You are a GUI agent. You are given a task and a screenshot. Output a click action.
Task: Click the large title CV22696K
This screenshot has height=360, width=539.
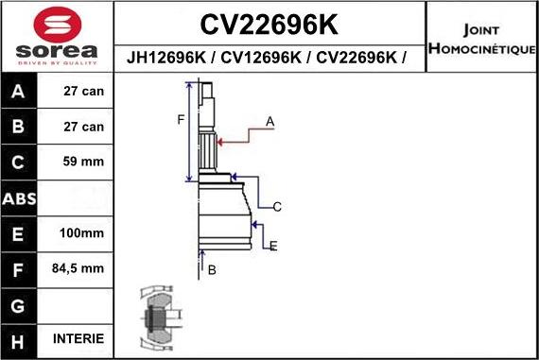point(270,23)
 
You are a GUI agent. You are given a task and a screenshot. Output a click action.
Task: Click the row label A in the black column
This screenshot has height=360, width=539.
point(20,92)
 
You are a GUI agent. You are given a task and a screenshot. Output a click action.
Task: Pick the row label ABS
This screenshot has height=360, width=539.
point(20,198)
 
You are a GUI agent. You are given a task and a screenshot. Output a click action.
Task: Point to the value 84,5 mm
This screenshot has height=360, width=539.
point(78,268)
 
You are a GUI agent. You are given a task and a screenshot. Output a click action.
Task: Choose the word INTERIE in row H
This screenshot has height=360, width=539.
point(78,338)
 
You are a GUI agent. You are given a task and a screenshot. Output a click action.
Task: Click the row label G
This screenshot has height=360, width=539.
point(20,304)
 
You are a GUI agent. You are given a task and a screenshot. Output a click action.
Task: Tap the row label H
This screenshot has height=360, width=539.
point(20,339)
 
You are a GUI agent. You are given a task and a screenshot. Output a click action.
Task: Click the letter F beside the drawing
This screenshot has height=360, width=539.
point(180,119)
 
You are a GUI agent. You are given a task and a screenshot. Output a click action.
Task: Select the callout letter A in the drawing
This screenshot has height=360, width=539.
point(269,122)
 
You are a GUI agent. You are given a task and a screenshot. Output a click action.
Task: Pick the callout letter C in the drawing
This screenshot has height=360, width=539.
point(277,206)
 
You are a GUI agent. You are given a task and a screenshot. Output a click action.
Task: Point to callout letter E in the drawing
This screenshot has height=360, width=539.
point(273,247)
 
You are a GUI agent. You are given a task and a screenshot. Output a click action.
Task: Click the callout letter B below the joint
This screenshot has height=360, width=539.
point(212,269)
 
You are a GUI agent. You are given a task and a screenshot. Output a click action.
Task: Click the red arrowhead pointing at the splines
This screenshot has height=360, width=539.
point(221,142)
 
